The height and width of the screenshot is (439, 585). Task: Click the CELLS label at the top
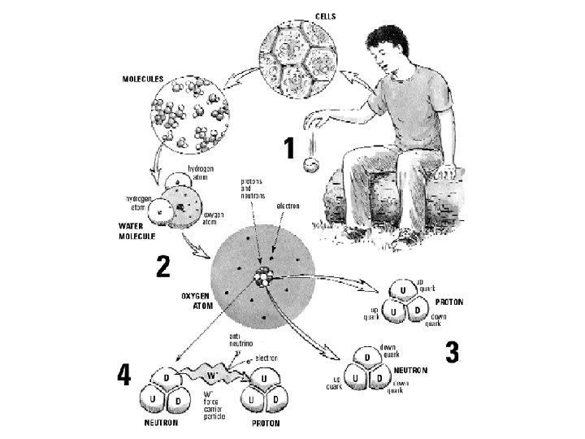(x=327, y=17)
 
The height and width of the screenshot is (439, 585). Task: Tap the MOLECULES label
(x=143, y=79)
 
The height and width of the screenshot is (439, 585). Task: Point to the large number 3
(x=453, y=353)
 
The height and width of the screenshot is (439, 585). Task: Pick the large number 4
(x=123, y=375)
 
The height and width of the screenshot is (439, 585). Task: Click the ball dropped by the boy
(x=310, y=166)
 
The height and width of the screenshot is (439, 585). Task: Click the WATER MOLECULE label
(x=130, y=230)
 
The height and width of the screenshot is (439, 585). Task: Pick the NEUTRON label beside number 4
(x=162, y=424)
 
